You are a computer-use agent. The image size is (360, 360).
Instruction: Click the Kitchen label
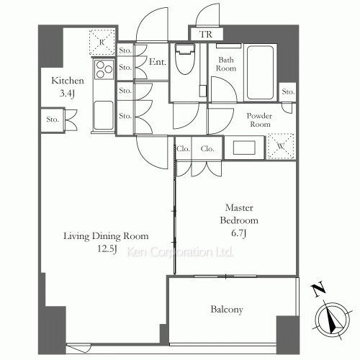pyautogui.click(x=68, y=81)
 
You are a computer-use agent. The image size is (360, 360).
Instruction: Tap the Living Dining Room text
pyautogui.click(x=106, y=236)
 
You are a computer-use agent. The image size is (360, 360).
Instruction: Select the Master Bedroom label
pyautogui.click(x=239, y=214)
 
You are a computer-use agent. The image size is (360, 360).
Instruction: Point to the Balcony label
pyautogui.click(x=227, y=309)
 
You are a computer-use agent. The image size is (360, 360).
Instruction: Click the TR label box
pyautogui.click(x=206, y=34)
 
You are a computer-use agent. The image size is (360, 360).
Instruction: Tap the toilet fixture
pyautogui.click(x=184, y=59)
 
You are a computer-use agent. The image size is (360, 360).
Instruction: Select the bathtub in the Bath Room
pyautogui.click(x=260, y=73)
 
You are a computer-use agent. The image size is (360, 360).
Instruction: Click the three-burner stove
pyautogui.click(x=104, y=69)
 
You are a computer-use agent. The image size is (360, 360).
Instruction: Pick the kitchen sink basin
pyautogui.click(x=104, y=115)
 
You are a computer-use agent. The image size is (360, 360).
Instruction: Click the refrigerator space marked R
pyautogui.click(x=102, y=42)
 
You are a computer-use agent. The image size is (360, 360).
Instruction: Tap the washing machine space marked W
pyautogui.click(x=281, y=146)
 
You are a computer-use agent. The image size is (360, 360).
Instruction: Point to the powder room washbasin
pyautogui.click(x=244, y=148)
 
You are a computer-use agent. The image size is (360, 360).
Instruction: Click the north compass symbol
pyautogui.click(x=333, y=319)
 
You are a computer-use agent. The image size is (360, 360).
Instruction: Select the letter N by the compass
pyautogui.click(x=318, y=290)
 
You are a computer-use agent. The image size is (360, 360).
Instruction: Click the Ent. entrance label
pyautogui.click(x=158, y=62)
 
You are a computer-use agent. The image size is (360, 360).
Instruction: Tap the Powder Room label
pyautogui.click(x=259, y=120)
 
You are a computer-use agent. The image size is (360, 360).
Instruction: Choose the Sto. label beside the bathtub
pyautogui.click(x=288, y=91)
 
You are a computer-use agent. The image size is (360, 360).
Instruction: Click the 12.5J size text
pyautogui.click(x=107, y=249)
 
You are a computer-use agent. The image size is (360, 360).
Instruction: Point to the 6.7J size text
pyautogui.click(x=239, y=233)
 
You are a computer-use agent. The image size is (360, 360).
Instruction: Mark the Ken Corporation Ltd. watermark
pyautogui.click(x=179, y=252)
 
